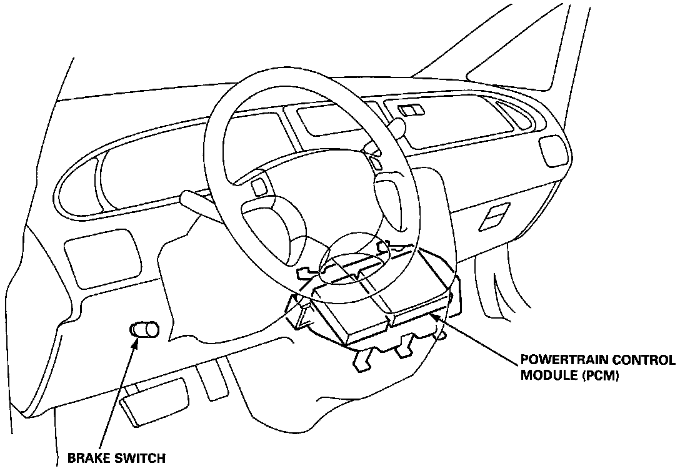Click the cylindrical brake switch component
pyautogui.click(x=143, y=330)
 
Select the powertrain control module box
pyautogui.click(x=375, y=306)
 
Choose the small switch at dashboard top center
pyautogui.click(x=409, y=111)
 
